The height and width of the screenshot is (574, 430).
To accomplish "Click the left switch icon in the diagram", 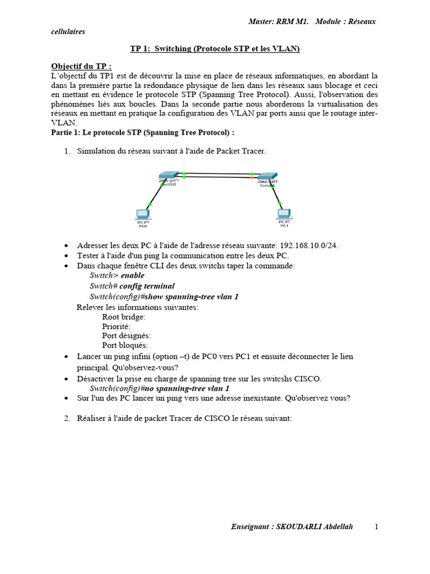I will (168, 176).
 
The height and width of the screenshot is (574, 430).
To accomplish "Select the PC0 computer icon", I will (143, 214).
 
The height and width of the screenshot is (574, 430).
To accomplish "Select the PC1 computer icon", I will (284, 214).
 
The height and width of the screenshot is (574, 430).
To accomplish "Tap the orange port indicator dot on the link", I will (253, 178).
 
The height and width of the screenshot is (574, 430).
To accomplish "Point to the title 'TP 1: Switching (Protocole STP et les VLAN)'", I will (215, 49).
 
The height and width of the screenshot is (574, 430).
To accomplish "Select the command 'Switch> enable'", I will (117, 275).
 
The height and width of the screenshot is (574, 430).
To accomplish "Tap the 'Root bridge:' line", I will (124, 317).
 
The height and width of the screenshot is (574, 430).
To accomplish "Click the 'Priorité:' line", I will (116, 326).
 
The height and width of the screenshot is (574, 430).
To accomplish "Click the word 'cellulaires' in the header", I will (68, 31).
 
